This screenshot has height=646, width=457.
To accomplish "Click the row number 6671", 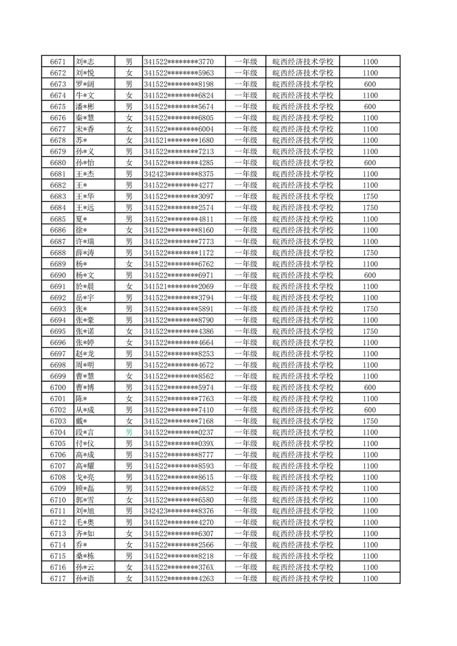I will coord(58,62).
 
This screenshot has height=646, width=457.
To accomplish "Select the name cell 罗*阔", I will coord(85,84).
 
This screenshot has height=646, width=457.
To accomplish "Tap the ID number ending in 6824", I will coord(179,96).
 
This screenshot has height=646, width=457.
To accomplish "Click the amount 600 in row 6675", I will coord(370,107).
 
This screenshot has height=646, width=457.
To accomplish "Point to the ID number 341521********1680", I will coord(179,140).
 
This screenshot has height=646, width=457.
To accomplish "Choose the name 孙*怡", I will coord(85,163).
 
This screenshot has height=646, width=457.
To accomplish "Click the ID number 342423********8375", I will coord(179,174).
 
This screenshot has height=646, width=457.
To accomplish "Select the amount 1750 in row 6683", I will coord(370,196).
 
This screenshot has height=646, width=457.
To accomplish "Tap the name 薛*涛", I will coord(85,253).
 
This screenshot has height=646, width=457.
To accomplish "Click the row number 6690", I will coord(58,275).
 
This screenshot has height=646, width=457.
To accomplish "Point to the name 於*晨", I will coord(85,287).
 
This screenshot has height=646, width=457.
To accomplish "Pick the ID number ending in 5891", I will coord(179,309).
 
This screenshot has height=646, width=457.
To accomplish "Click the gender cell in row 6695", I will coord(129,332).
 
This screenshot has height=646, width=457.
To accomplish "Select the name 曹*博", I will coord(85,387).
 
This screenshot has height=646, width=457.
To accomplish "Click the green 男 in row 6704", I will coord(129,432).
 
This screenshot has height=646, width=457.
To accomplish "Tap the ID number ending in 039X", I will coord(179,444).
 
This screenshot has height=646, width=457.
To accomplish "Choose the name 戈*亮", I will coord(85,477).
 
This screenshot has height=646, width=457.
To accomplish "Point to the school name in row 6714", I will coord(303,545).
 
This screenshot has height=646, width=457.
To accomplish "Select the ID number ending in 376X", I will coord(179,567).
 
